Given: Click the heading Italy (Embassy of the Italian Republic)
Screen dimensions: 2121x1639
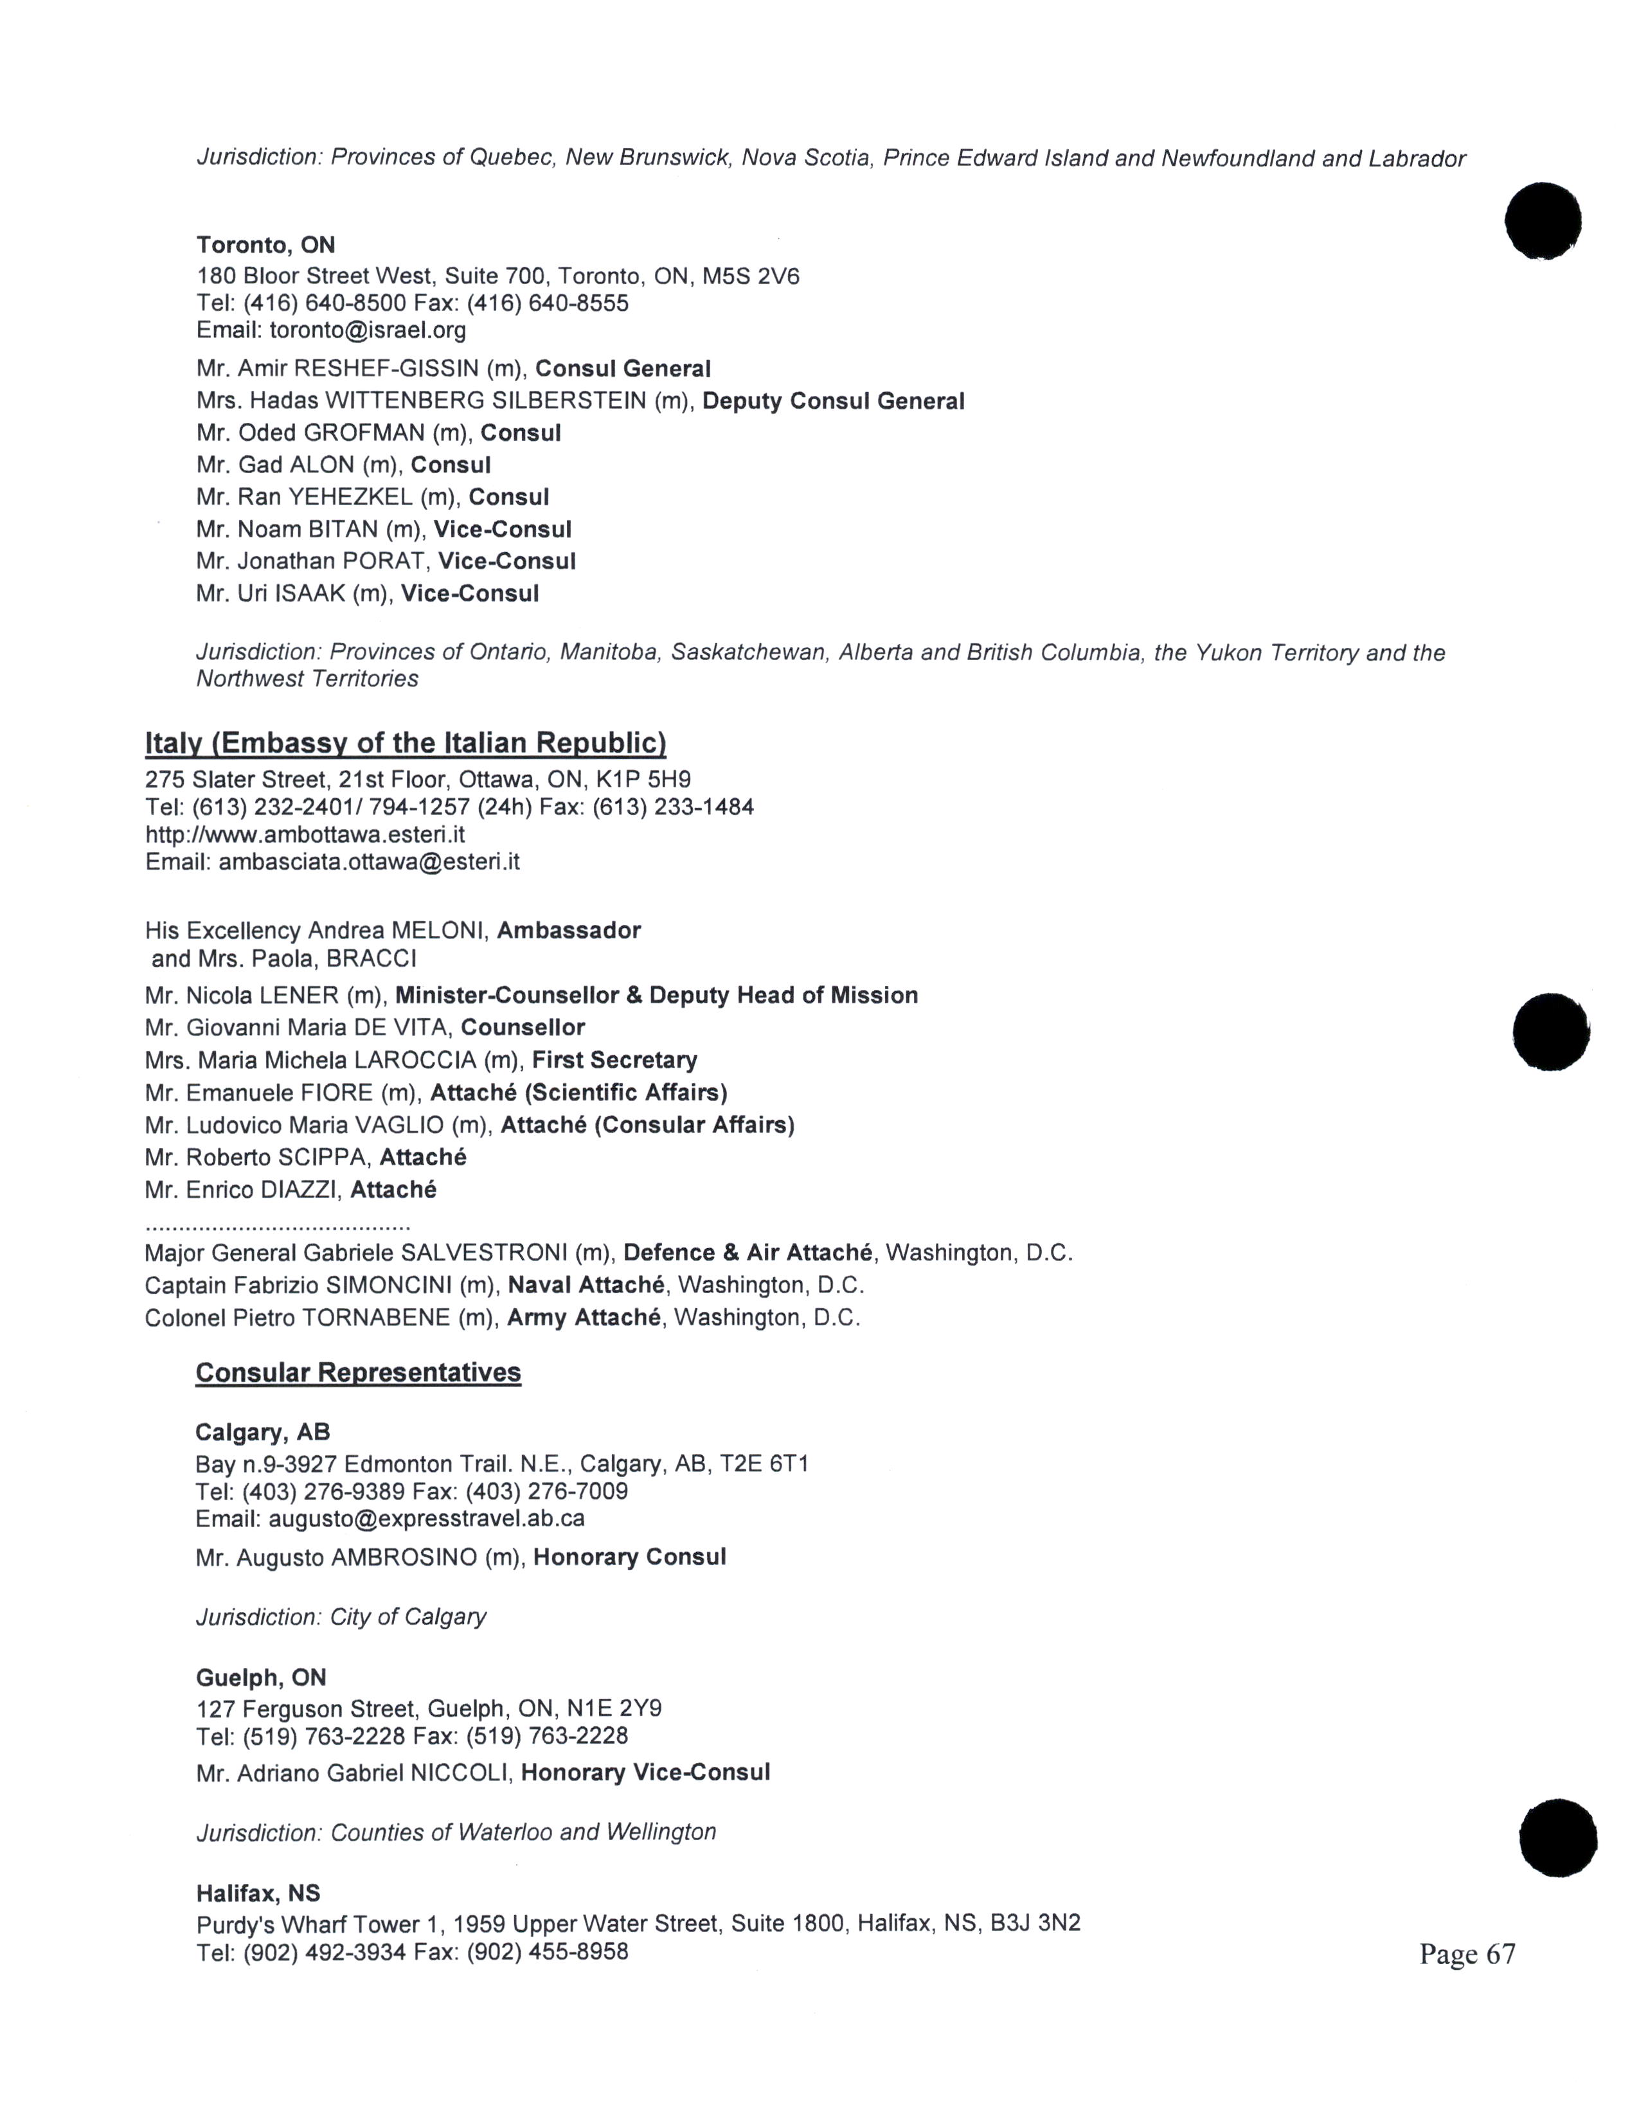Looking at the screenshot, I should coord(406,743).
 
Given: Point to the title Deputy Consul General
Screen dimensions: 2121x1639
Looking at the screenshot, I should coord(833,401).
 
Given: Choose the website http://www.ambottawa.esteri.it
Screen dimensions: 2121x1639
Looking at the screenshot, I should coord(305,834).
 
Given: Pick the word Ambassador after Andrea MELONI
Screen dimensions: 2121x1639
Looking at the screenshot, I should coord(569,931).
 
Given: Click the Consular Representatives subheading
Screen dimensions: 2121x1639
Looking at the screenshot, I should coord(358,1372).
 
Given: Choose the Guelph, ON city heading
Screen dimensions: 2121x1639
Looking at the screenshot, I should coord(261,1677).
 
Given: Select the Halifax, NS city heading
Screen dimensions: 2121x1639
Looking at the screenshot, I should coord(258,1893).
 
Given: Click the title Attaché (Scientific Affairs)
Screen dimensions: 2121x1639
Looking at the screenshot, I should coord(578,1093).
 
